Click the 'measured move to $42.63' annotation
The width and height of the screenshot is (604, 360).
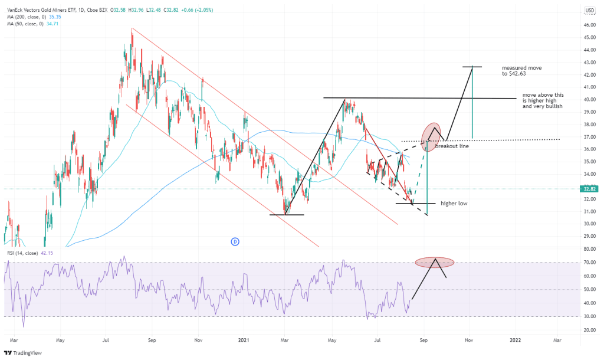[x=521, y=71]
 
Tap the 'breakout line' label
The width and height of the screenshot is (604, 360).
[x=452, y=145]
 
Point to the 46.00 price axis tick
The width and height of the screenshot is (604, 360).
[x=589, y=25]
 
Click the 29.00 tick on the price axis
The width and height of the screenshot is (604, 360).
[x=589, y=236]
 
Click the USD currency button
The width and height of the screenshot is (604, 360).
[x=589, y=11]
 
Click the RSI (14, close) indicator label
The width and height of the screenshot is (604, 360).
[x=29, y=253]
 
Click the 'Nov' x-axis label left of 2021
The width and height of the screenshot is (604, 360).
[x=199, y=340]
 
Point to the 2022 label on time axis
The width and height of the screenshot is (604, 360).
[x=516, y=340]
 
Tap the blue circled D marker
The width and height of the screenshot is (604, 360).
[x=234, y=241]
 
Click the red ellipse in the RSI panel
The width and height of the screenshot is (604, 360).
[x=434, y=261]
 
